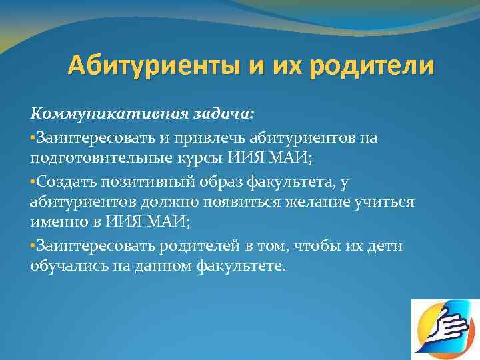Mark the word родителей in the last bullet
(x=197, y=246)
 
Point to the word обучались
(x=66, y=267)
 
